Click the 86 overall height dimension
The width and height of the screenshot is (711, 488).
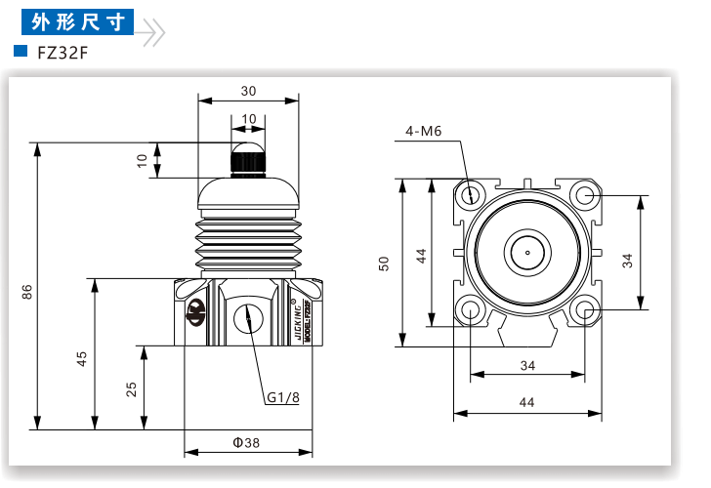(28, 292)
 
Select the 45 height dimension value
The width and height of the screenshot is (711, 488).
(83, 360)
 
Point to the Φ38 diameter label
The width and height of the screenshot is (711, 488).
(246, 442)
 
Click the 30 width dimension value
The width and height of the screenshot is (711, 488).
(248, 91)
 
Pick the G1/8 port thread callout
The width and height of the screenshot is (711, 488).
(283, 397)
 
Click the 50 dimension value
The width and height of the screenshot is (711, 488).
(386, 264)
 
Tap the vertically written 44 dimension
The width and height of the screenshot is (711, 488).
(422, 256)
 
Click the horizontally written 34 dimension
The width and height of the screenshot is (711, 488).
(527, 366)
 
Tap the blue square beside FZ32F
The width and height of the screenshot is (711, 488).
(20, 52)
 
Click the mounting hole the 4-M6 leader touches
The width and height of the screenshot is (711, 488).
(472, 194)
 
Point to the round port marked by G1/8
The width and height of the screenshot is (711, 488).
(248, 317)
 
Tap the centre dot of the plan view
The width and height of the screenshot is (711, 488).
(527, 253)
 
